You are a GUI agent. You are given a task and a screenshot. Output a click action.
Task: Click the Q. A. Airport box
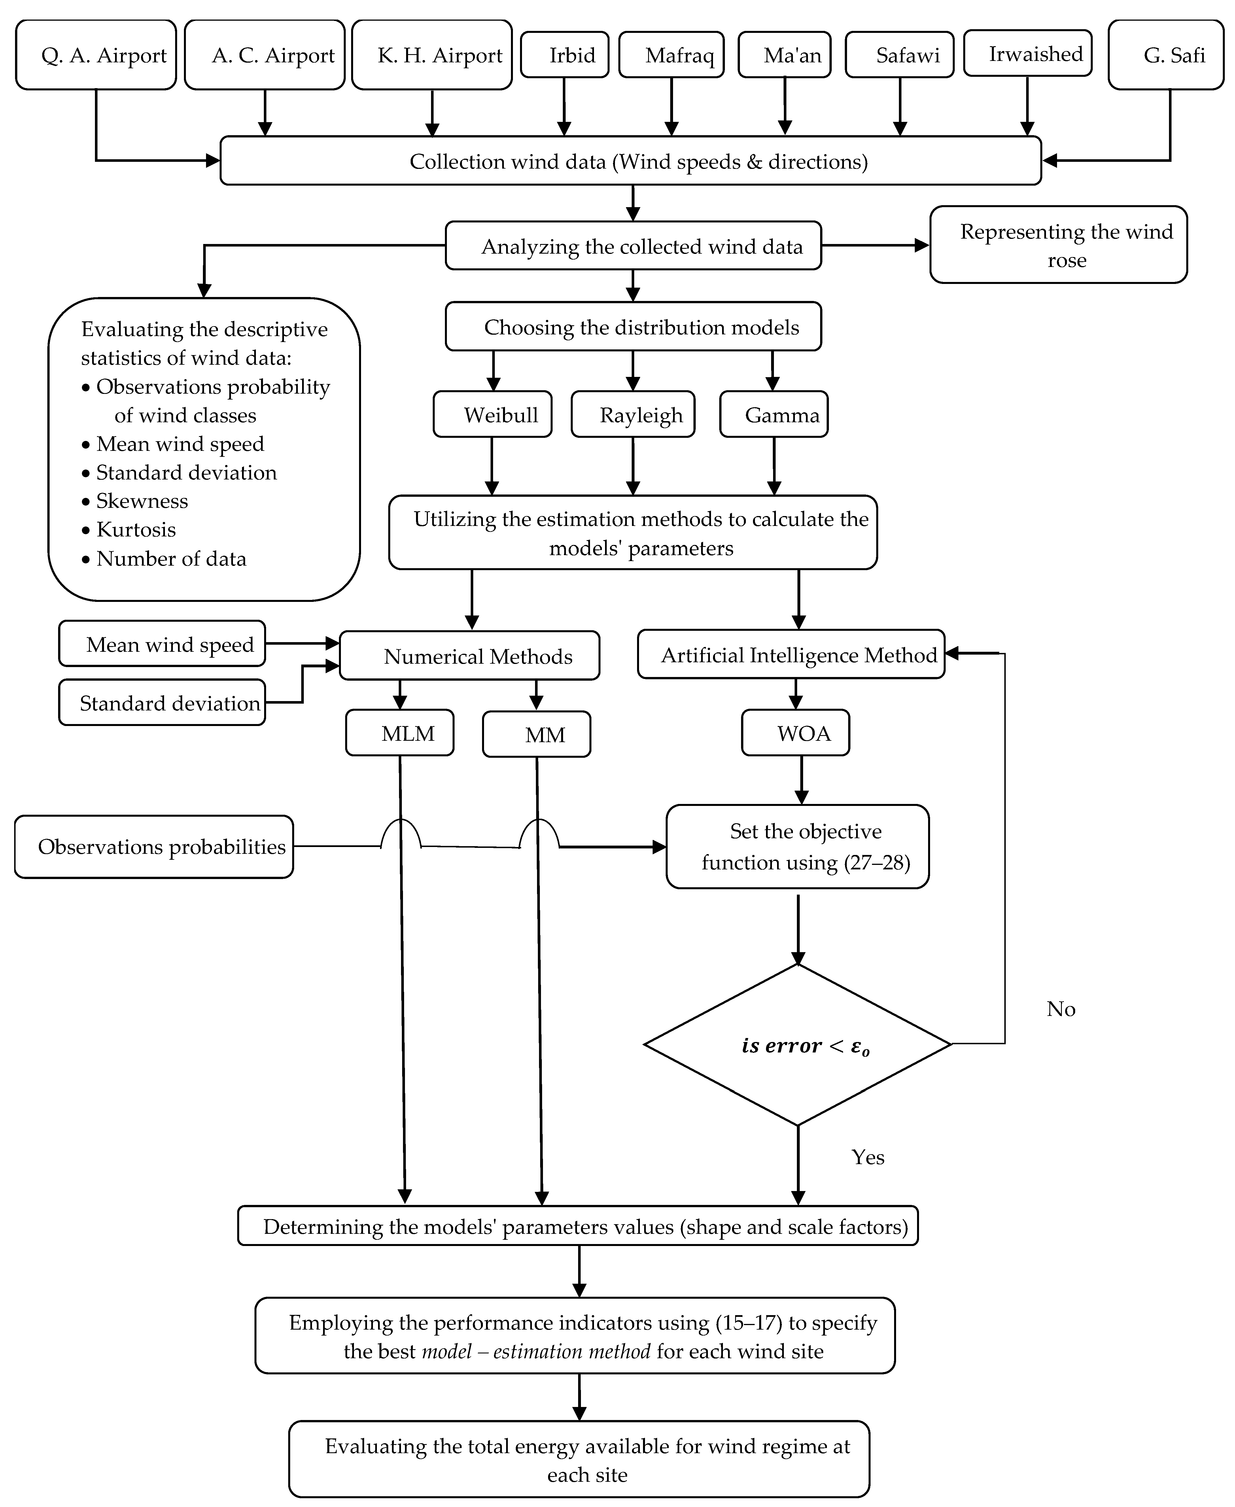96,55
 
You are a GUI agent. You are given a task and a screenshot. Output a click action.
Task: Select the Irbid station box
565,55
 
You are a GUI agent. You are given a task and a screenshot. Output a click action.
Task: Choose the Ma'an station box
785,55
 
